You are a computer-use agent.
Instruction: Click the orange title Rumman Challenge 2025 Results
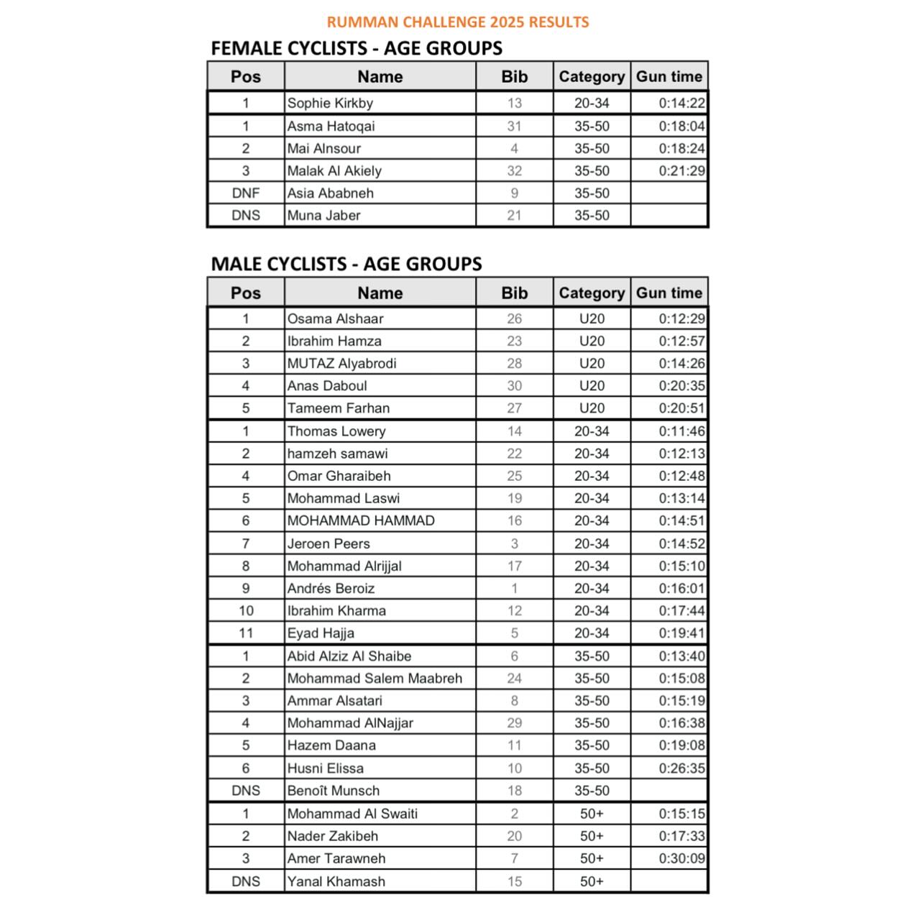tap(457, 22)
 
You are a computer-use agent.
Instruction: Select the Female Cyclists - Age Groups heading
tap(356, 48)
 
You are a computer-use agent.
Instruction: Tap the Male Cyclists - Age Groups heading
tap(346, 264)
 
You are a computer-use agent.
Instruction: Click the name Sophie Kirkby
tap(330, 103)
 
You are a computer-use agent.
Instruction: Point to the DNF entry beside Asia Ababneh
tap(245, 193)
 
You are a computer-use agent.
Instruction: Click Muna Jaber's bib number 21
tap(514, 215)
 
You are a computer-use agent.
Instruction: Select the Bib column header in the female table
tap(514, 76)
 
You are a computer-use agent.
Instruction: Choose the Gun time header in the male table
tap(669, 293)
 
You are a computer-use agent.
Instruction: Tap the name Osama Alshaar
tap(335, 318)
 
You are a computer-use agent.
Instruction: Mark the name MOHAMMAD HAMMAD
tap(360, 520)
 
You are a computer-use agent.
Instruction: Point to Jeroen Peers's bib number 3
tap(514, 543)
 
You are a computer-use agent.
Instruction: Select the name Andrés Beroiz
tap(331, 588)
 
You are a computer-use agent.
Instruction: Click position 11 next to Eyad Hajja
tap(245, 633)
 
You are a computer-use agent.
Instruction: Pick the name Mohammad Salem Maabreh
tap(375, 678)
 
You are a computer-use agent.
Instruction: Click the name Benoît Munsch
tap(333, 790)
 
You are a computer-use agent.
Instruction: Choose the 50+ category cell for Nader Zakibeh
tap(592, 836)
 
